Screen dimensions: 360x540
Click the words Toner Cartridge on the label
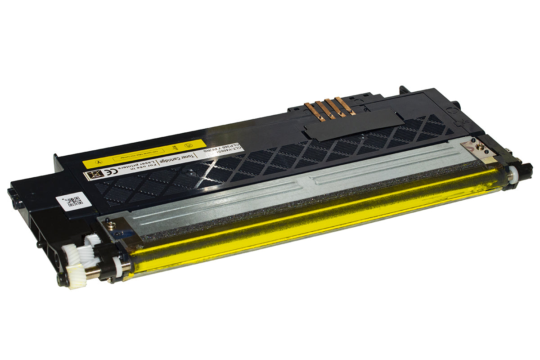click(x=204, y=156)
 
